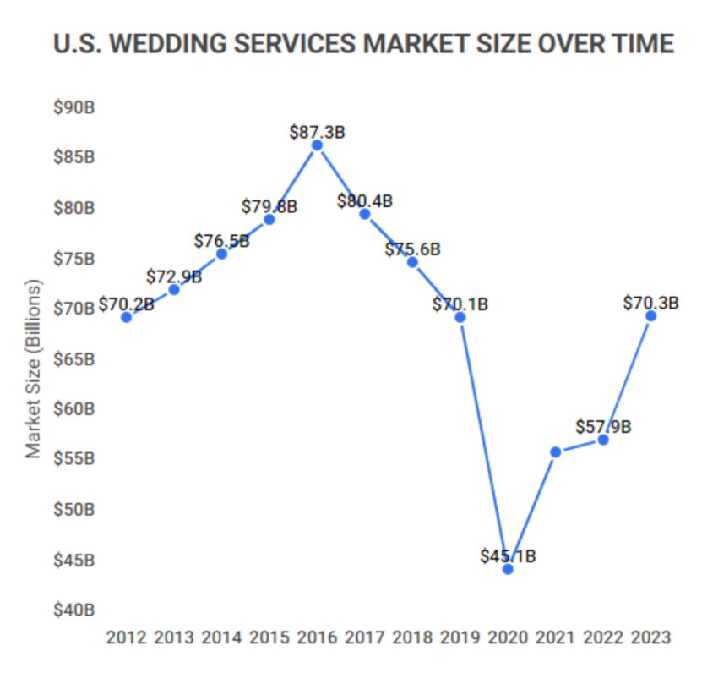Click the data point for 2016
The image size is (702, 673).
pos(317,145)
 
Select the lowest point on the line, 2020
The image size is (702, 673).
pos(508,569)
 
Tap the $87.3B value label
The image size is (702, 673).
pos(317,132)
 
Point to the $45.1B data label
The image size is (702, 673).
pos(508,555)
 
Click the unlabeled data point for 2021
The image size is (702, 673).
pos(555,452)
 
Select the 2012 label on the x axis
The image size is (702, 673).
pos(126,637)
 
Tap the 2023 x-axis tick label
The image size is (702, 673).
pos(650,637)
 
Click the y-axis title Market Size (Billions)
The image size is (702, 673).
pos(33,369)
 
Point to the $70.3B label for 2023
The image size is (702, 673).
pos(650,303)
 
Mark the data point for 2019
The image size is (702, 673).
pos(460,317)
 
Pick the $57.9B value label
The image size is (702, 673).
pos(603,427)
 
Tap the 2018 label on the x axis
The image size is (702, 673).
pos(412,637)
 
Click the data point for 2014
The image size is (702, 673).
pos(221,254)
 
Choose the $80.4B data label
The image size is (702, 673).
pos(365,201)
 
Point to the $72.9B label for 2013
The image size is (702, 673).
pos(174,276)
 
